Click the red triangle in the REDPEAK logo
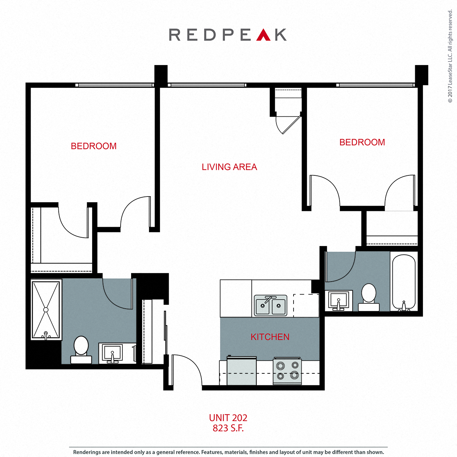(x=263, y=36)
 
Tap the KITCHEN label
(x=270, y=337)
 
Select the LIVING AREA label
(x=229, y=167)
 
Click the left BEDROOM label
(x=94, y=146)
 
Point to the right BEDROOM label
(x=362, y=142)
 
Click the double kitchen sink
(x=270, y=305)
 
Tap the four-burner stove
(x=287, y=371)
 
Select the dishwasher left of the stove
(x=242, y=371)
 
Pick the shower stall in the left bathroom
(x=46, y=309)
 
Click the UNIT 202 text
(x=228, y=418)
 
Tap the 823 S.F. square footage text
(x=228, y=428)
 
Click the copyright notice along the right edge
(x=450, y=56)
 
